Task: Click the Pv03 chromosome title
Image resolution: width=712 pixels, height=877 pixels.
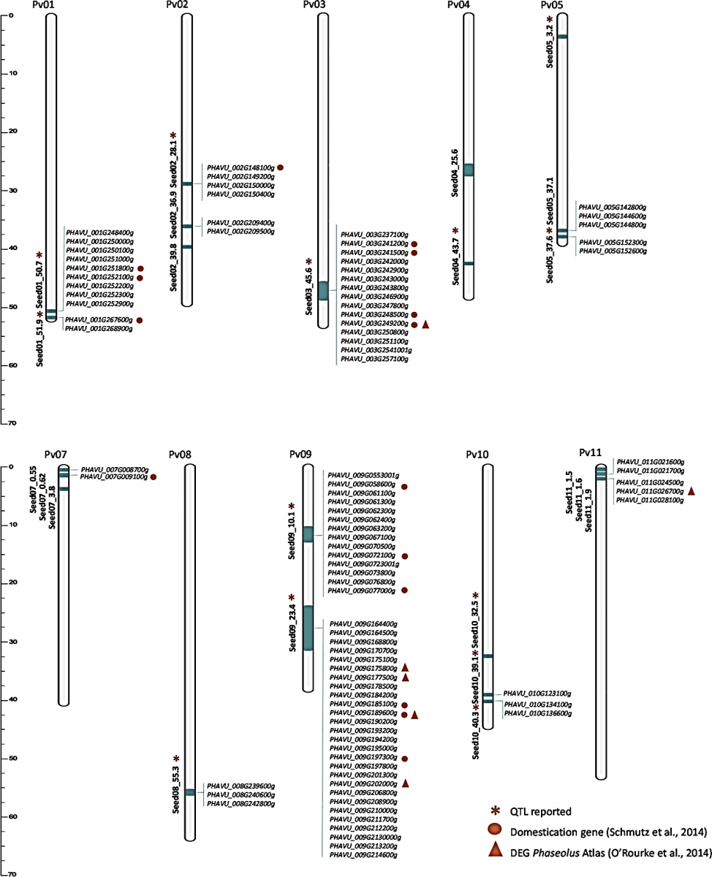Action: (x=314, y=4)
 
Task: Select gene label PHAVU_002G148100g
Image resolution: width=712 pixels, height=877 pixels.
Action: (x=241, y=168)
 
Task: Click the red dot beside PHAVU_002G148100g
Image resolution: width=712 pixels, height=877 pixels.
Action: (x=281, y=167)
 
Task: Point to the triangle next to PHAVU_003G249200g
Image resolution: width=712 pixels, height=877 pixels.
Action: (x=425, y=324)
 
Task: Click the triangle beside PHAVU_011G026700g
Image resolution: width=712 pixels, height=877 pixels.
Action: (x=691, y=491)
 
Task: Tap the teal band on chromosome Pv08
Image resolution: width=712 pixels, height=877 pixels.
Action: (x=190, y=792)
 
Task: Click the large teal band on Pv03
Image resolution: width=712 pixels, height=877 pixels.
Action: (x=323, y=291)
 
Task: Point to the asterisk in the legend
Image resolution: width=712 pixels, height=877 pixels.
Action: (x=495, y=810)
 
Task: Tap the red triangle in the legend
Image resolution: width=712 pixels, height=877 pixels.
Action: (x=495, y=850)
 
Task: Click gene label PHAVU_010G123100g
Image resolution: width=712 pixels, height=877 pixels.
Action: (x=537, y=694)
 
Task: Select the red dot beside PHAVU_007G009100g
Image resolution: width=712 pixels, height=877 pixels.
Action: (x=154, y=477)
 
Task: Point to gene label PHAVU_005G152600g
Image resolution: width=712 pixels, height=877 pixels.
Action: (x=613, y=251)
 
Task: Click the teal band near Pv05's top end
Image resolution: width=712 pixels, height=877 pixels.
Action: (x=563, y=37)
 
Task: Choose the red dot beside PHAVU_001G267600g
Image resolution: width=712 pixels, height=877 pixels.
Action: (x=140, y=320)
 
